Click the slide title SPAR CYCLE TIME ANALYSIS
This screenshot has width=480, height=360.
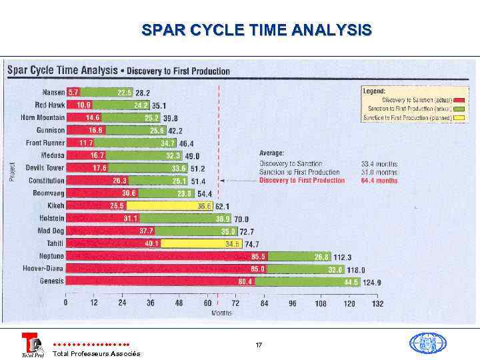coord(257,31)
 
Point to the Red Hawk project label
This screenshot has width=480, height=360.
coord(49,105)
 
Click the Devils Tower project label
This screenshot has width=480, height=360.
coord(45,168)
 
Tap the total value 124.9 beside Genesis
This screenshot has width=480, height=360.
coord(371,283)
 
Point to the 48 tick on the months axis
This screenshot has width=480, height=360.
coord(179,303)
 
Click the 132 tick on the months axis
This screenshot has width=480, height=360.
coord(377,303)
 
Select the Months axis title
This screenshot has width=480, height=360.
coord(221,312)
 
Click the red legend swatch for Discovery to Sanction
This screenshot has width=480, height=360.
coord(460,100)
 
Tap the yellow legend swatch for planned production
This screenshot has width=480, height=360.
coord(460,118)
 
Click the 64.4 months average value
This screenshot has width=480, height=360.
coord(379,181)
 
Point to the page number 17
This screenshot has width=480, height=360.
coord(259,345)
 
